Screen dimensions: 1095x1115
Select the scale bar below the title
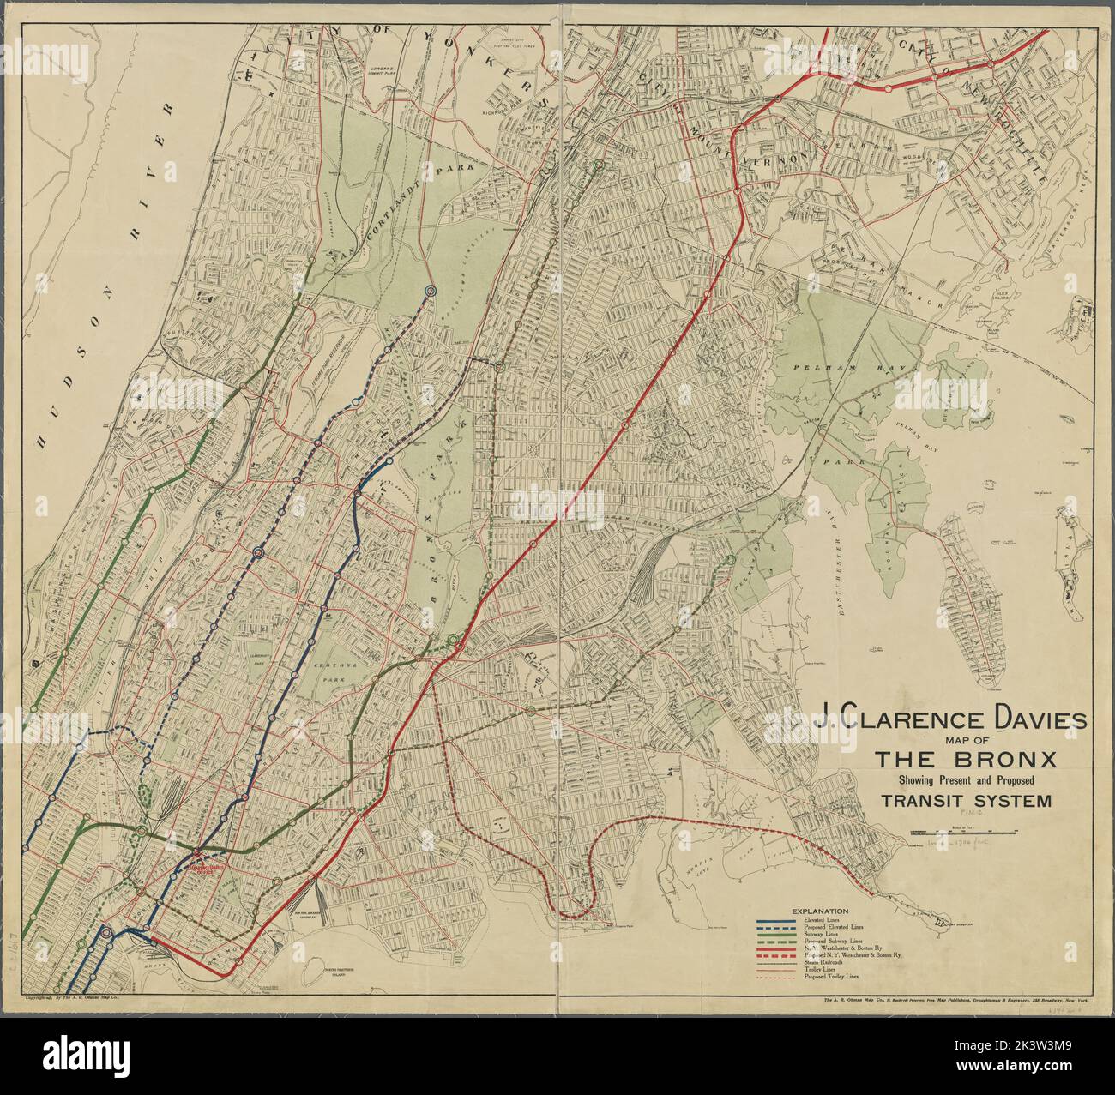(x=964, y=832)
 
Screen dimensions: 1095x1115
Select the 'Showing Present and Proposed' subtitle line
(x=966, y=780)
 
